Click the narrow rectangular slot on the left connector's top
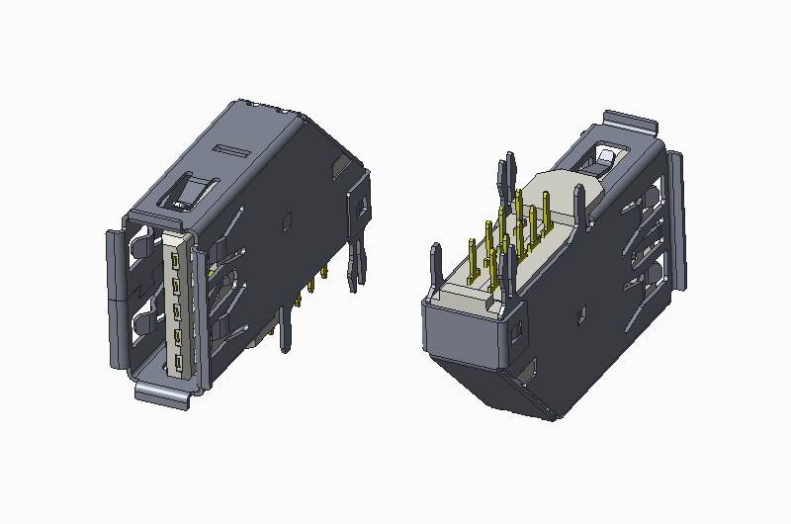pyautogui.click(x=231, y=150)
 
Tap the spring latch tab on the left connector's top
pyautogui.click(x=192, y=190)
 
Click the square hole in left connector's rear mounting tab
pyautogui.click(x=361, y=207)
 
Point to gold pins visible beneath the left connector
pyautogui.click(x=312, y=285)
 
